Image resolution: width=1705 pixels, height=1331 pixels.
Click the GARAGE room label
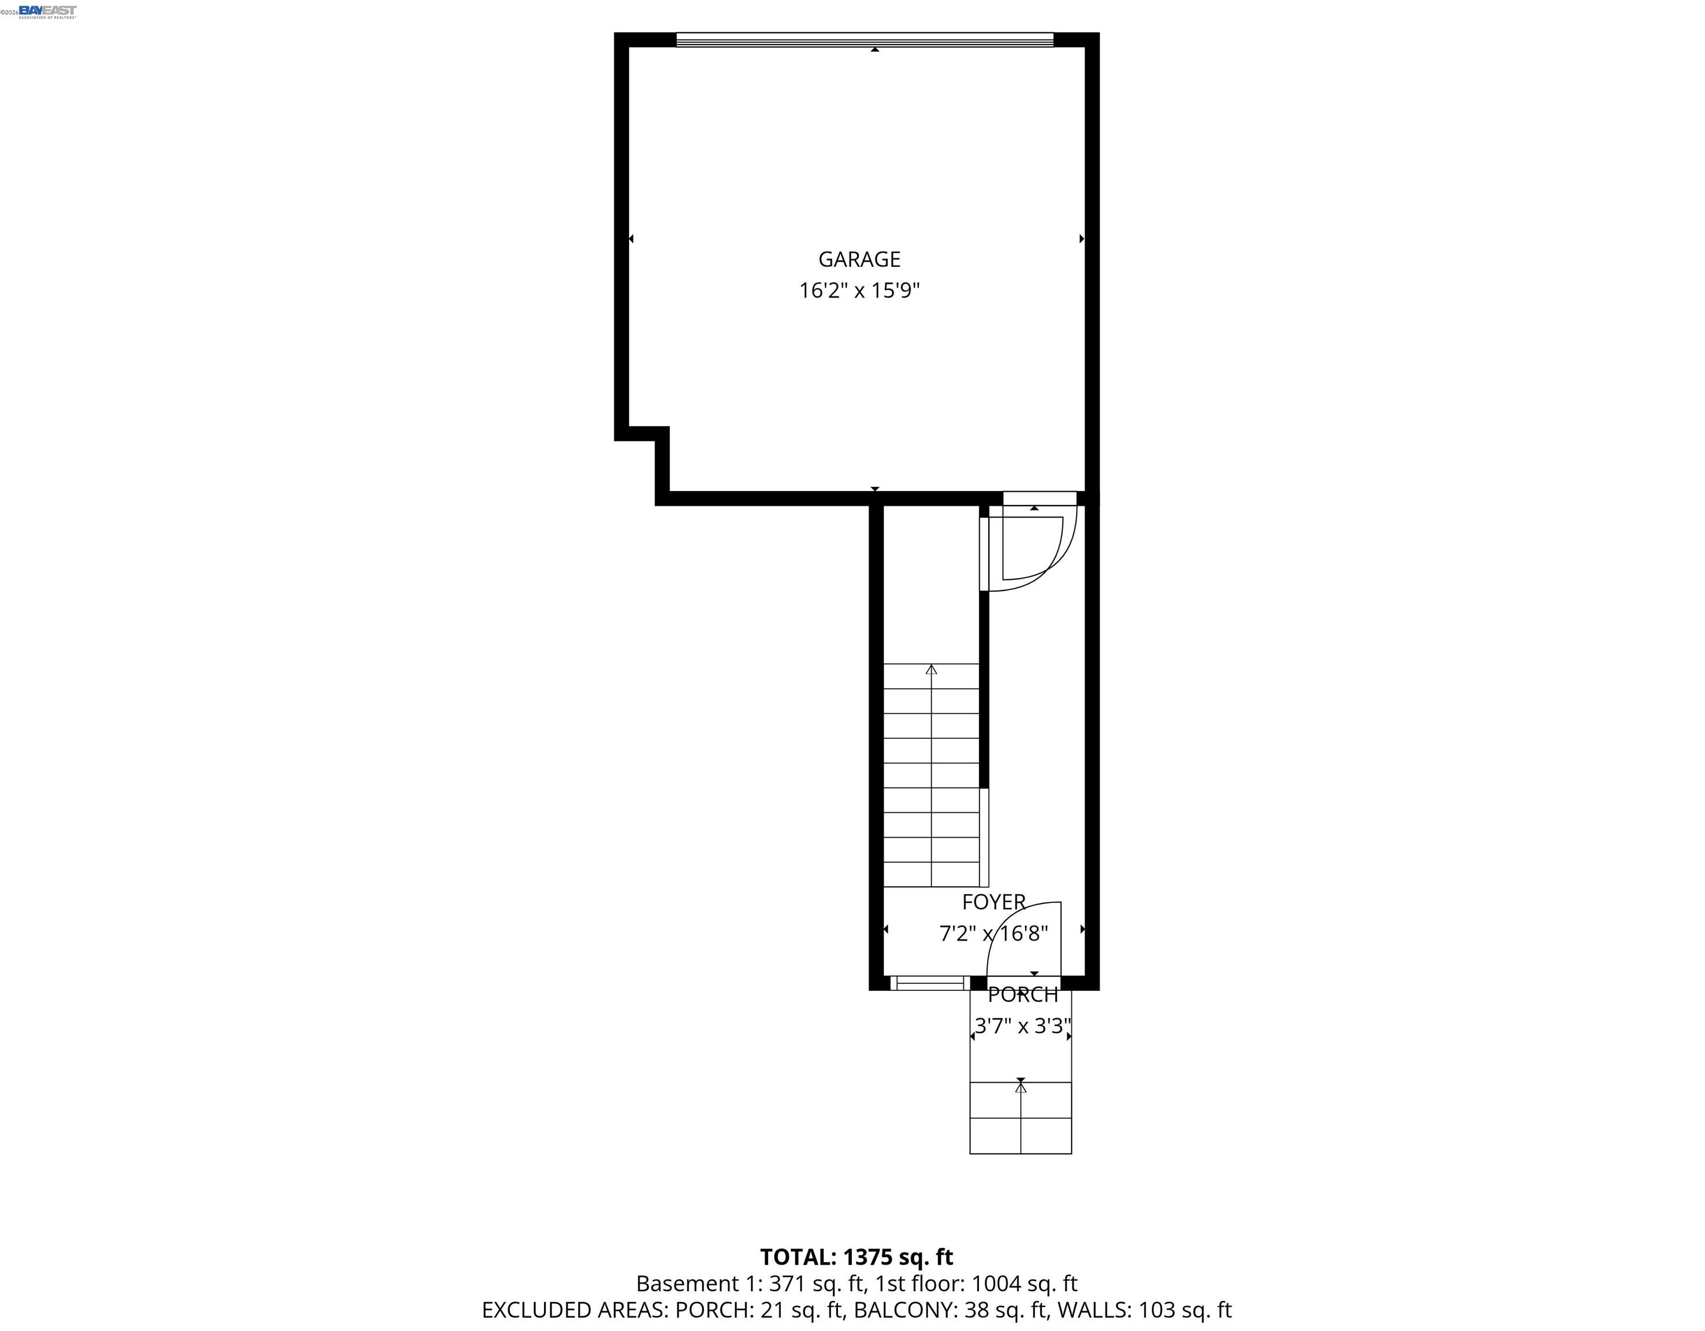[x=859, y=259]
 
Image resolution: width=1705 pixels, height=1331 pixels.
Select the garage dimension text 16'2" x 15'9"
[x=859, y=291]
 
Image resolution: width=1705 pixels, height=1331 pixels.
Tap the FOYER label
[x=993, y=902]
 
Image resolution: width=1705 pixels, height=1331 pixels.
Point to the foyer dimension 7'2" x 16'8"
[x=993, y=934]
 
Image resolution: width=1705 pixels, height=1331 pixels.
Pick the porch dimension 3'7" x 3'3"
[x=1022, y=1026]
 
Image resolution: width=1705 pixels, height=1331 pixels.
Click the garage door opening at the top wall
[x=864, y=40]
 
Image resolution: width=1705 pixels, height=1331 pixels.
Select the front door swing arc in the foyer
[x=1015, y=929]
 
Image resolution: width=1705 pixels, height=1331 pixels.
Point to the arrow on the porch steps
[x=1021, y=1085]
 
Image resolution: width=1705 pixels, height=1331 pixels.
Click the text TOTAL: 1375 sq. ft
[x=857, y=1258]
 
